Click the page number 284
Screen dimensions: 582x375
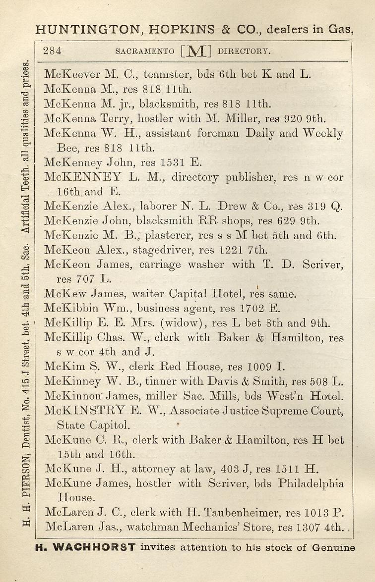(x=52, y=50)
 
